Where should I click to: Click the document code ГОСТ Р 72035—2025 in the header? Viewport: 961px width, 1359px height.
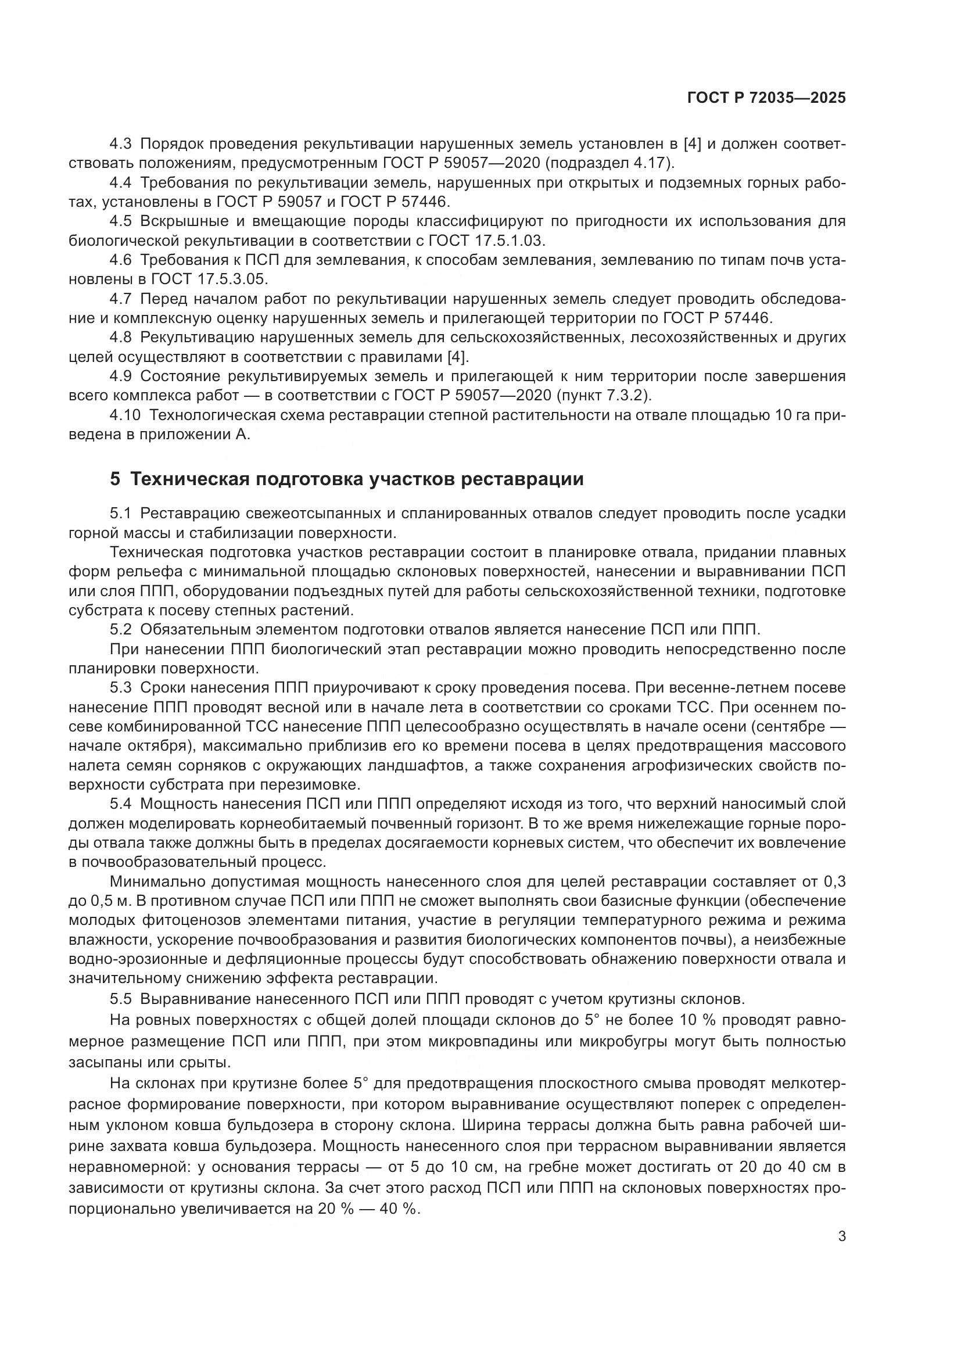(766, 98)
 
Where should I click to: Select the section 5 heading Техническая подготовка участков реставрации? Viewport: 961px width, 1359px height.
(347, 479)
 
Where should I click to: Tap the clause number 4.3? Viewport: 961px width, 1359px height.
(122, 144)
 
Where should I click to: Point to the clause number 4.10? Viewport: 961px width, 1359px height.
(125, 415)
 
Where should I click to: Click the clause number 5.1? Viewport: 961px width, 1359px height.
(122, 513)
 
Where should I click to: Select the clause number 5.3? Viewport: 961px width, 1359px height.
(122, 688)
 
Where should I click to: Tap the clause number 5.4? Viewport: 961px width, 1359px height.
(122, 804)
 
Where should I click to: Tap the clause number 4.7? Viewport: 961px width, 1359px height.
(122, 299)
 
